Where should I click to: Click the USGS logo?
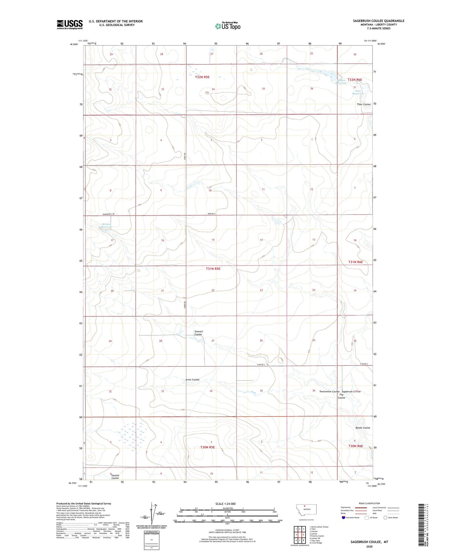70,24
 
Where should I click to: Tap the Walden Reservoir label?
340,82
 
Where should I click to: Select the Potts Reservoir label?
358,92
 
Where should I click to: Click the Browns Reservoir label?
107,226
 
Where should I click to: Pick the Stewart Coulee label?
198,333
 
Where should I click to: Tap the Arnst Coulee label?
192,379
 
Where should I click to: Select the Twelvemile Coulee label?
329,391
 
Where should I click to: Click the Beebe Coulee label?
363,428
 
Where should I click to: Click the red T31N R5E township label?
213,269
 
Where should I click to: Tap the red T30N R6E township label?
356,446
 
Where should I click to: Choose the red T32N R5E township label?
202,77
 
